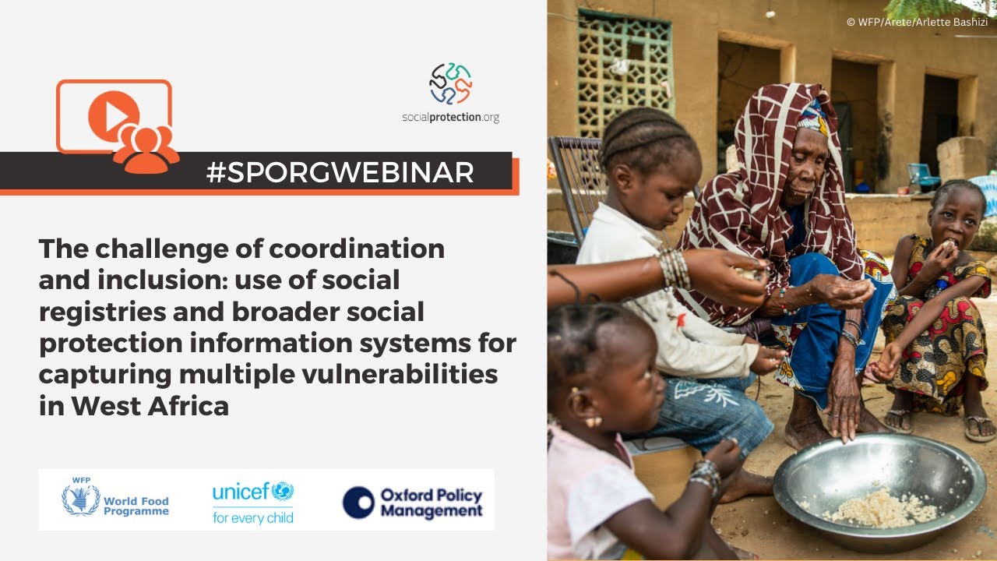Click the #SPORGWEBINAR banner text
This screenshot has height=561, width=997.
pos(340,172)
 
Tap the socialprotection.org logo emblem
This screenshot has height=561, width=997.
pos(450,83)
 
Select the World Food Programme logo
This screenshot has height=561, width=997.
pos(115,500)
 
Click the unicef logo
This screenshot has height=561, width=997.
pos(253,492)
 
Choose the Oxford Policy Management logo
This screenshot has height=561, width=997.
pos(413,503)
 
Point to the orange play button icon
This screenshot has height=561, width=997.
pos(113,115)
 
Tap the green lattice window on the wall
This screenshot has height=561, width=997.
pos(625,63)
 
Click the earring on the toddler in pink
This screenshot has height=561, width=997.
pos(594,422)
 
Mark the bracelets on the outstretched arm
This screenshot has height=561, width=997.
pos(674,268)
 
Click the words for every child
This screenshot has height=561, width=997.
pos(253,517)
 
